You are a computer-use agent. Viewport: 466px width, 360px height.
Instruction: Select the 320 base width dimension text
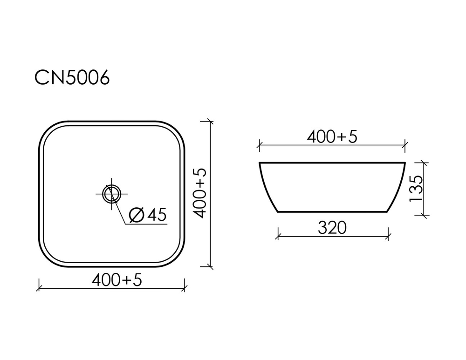[332, 228]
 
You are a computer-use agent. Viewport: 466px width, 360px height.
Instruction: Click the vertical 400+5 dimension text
[200, 194]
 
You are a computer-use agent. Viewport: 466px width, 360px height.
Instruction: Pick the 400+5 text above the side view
[332, 136]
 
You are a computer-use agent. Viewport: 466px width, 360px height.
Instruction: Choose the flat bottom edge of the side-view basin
[332, 212]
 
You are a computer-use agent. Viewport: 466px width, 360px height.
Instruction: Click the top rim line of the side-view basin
[332, 163]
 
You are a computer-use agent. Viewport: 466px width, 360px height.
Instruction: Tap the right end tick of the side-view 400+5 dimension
[406, 145]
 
